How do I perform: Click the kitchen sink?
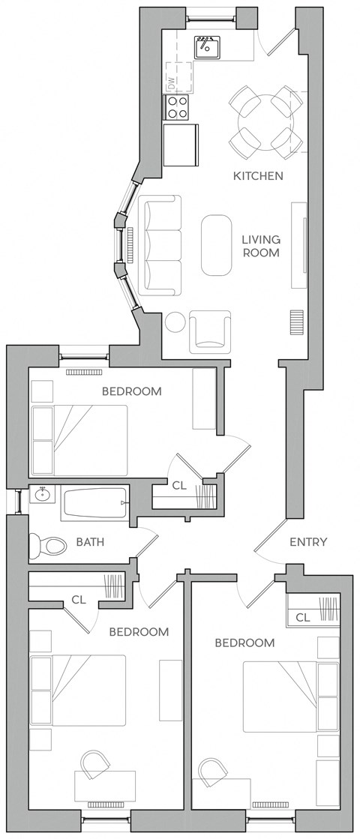[x=206, y=47]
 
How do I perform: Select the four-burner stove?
[x=178, y=108]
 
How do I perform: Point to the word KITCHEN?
[x=258, y=176]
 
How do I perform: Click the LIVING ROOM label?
[x=260, y=246]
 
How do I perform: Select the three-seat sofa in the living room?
[x=159, y=245]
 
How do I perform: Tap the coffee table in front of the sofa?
[x=216, y=245]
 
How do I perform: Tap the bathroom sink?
[x=43, y=495]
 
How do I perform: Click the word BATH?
[x=90, y=542]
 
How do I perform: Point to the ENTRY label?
[x=307, y=541]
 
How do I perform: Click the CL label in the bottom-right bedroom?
[x=302, y=617]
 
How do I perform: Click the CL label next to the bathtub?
[x=178, y=486]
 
